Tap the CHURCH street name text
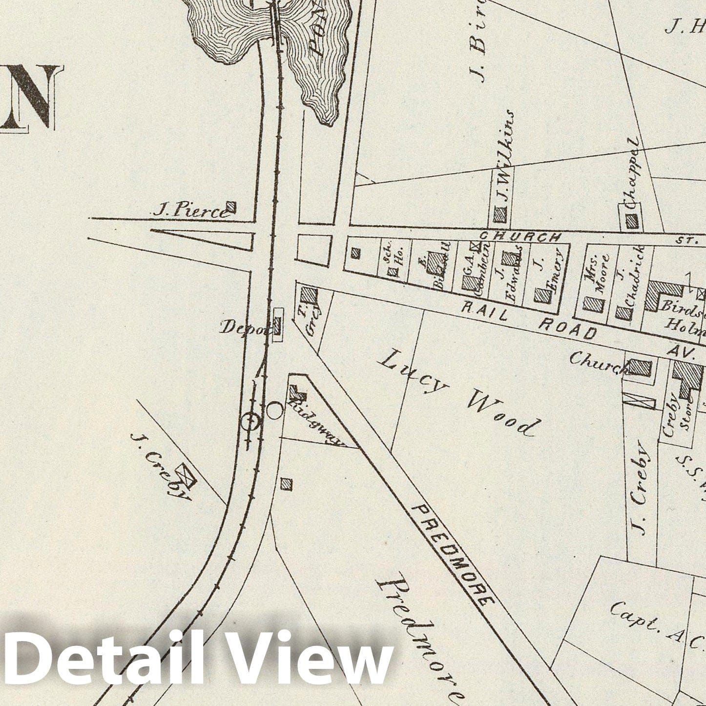520,237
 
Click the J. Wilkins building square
499,214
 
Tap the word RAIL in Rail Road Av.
484,311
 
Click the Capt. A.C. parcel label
654,624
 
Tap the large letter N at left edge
29,98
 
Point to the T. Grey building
308,296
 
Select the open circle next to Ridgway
274,411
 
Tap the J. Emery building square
542,295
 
